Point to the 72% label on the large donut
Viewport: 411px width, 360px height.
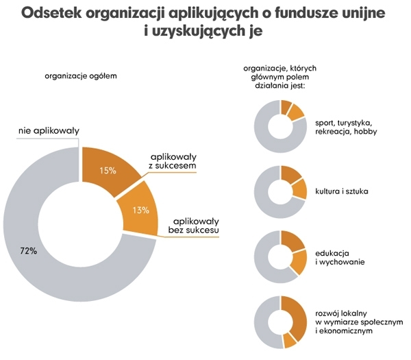click(x=28, y=251)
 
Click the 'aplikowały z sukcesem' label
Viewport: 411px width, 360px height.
click(x=173, y=161)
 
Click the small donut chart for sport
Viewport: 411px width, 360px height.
click(x=280, y=126)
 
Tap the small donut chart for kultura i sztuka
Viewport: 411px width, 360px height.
click(x=280, y=191)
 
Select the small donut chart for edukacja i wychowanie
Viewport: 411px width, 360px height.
click(x=280, y=257)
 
